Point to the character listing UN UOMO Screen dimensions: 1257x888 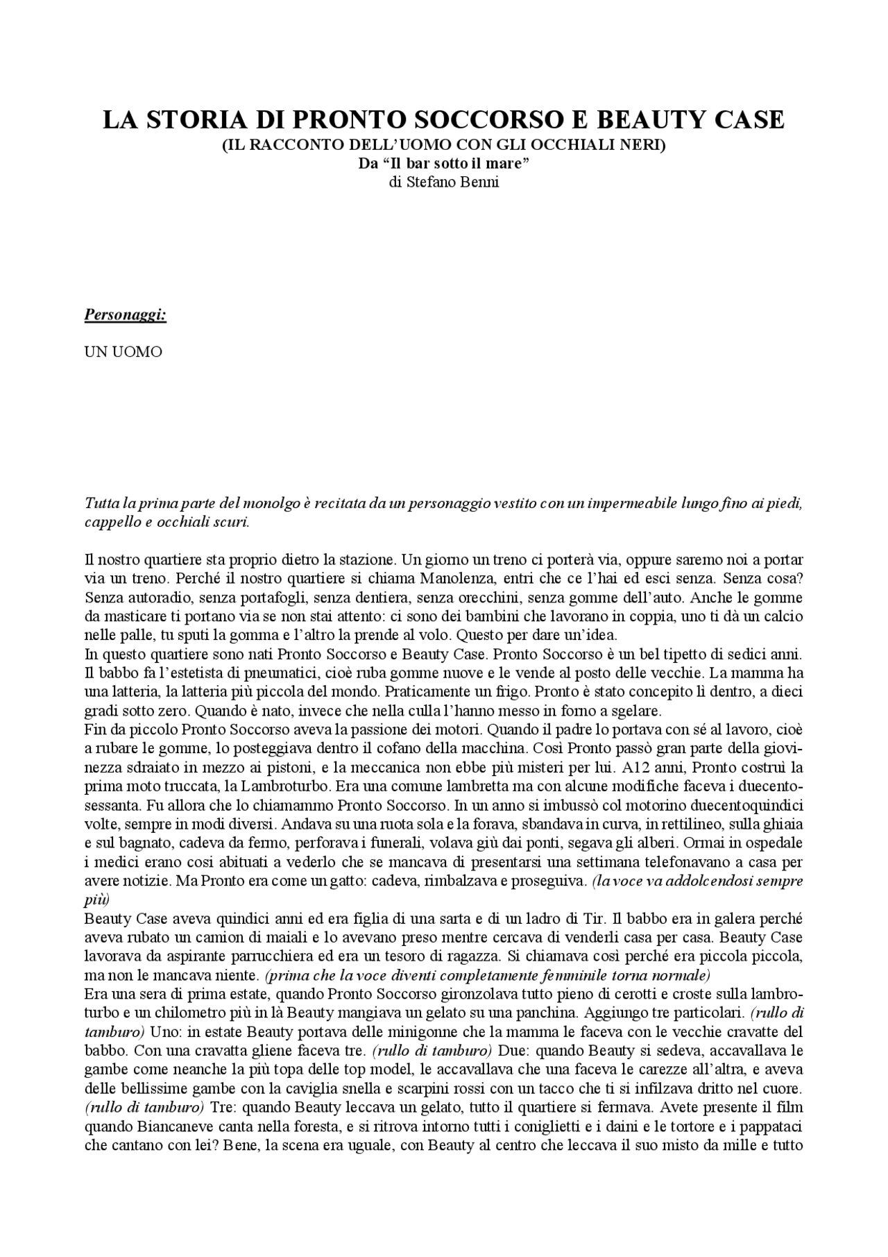(123, 352)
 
